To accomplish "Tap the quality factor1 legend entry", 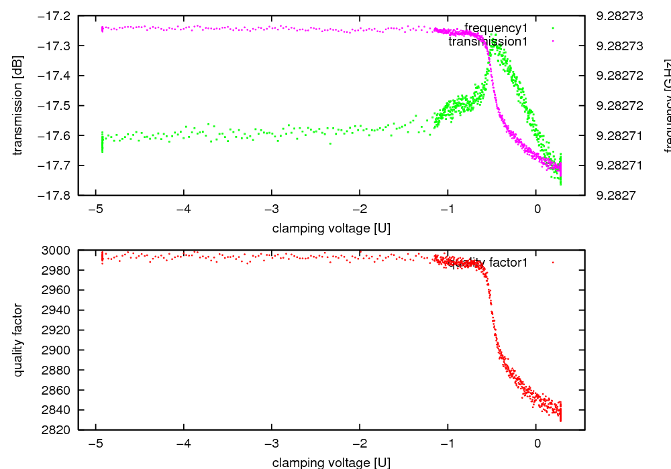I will point(488,263).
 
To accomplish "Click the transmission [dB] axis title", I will point(18,105).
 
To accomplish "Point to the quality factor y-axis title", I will point(18,340).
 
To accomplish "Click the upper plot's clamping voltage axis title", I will point(331,228).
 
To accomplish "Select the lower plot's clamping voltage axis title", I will point(331,462).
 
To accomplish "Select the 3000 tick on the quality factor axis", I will point(60,250).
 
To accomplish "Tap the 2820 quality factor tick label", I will point(60,429).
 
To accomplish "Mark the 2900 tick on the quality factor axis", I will point(60,350).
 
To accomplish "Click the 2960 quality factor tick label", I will point(60,290).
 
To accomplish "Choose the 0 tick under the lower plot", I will point(537,444).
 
